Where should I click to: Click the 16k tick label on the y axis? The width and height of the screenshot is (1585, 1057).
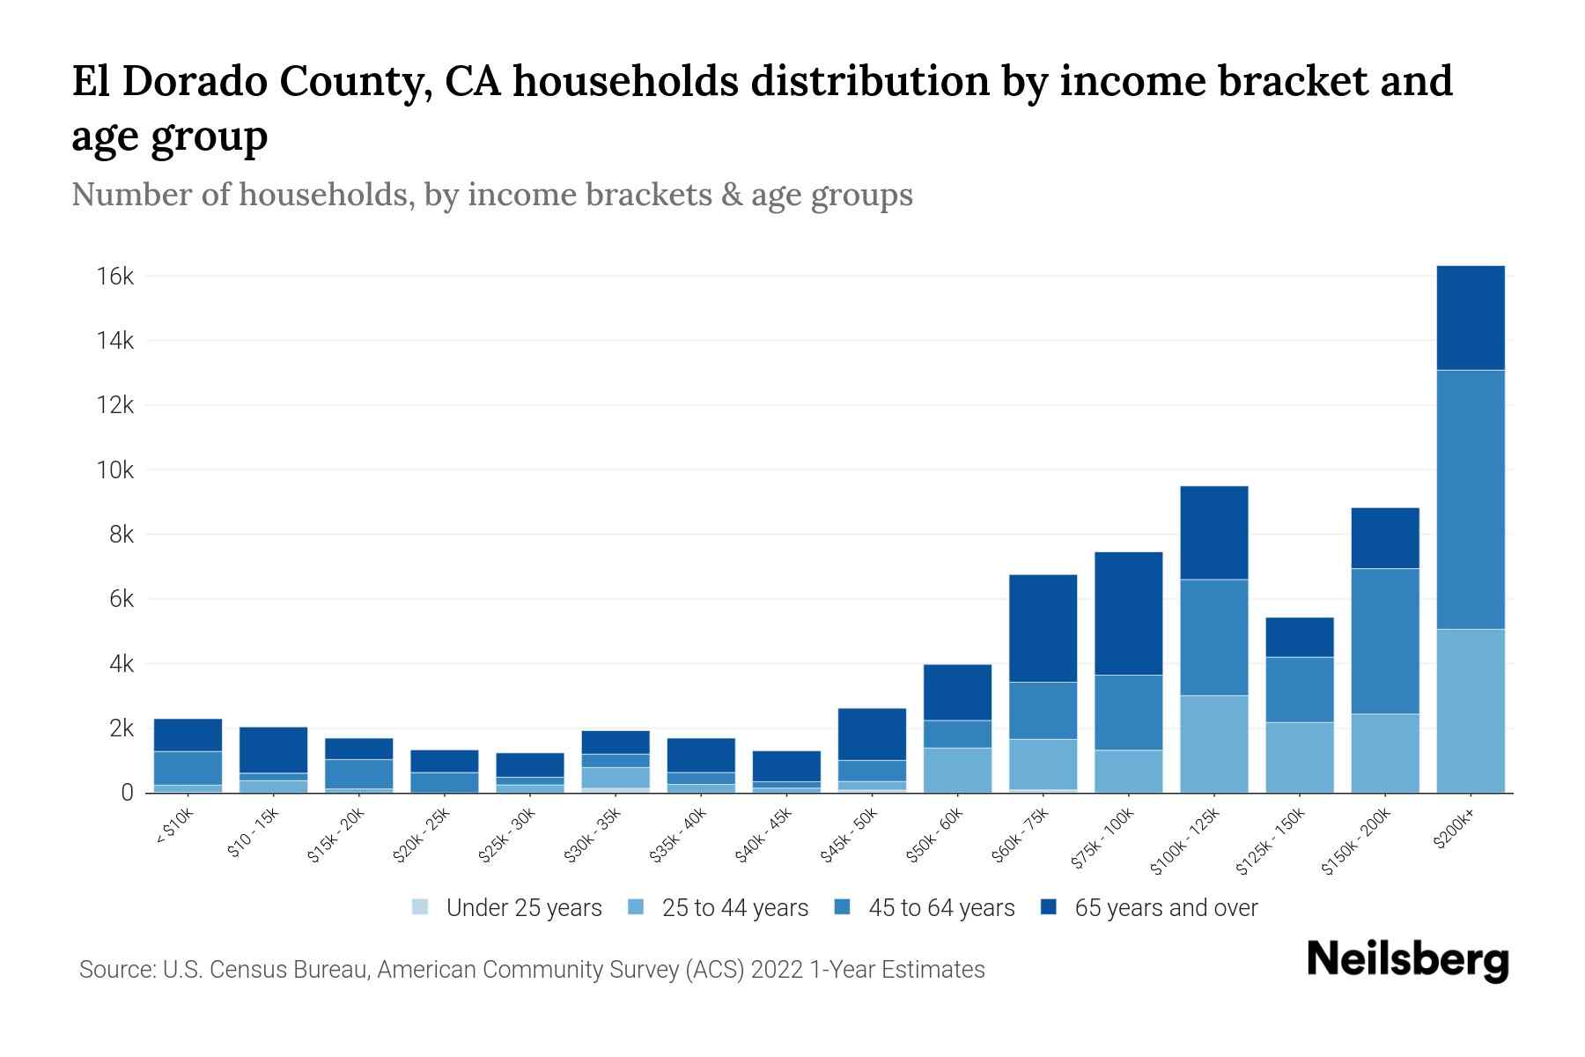click(x=115, y=277)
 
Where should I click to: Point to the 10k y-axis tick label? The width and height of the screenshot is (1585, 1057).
click(x=115, y=470)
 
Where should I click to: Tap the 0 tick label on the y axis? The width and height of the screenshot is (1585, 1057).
click(x=128, y=793)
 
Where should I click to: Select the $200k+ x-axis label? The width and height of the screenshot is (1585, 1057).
click(x=1454, y=831)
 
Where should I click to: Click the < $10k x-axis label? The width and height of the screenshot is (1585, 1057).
click(x=174, y=829)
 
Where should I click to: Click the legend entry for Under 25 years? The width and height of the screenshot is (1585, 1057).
click(x=523, y=908)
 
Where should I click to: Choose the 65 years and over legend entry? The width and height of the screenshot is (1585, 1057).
click(x=1165, y=908)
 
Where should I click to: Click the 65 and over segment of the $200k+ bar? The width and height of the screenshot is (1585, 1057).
click(x=1471, y=318)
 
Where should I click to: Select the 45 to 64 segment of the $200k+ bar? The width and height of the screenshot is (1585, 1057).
click(x=1471, y=499)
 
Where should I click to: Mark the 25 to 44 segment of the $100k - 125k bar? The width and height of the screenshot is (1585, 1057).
click(x=1214, y=744)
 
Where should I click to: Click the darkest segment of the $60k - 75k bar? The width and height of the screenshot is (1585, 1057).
click(x=1043, y=628)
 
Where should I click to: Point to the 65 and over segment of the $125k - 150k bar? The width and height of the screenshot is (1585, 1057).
click(x=1300, y=637)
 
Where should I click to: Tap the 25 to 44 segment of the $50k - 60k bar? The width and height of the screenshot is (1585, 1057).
click(x=957, y=770)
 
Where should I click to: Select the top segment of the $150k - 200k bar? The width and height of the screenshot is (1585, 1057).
click(x=1385, y=538)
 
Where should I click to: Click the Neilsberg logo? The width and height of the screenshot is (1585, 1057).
click(x=1407, y=961)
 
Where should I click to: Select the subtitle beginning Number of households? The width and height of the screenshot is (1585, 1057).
click(x=492, y=195)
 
